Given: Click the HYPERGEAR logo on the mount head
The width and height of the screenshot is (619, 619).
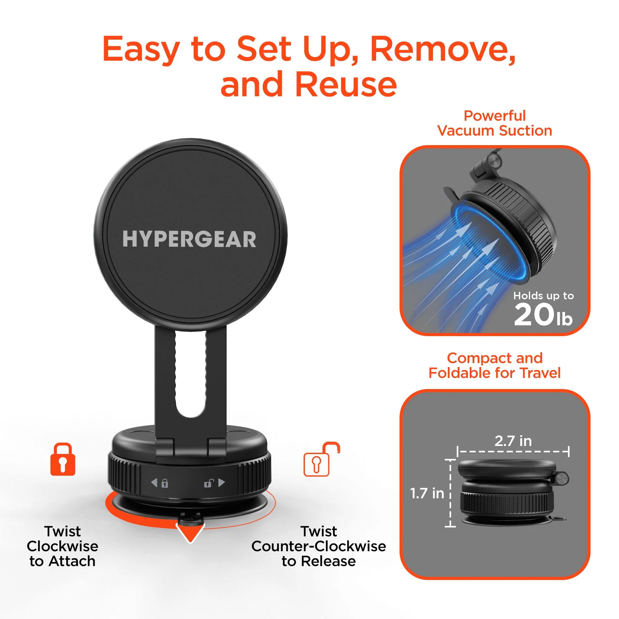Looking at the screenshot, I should pyautogui.click(x=189, y=239).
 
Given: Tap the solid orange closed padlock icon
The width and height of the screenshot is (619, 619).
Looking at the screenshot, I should pyautogui.click(x=63, y=459).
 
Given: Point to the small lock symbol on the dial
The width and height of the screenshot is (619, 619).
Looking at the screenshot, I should pyautogui.click(x=165, y=483).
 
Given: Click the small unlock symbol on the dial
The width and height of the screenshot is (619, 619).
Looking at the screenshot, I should pyautogui.click(x=209, y=483).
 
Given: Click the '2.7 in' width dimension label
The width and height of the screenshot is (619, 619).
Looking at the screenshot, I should pyautogui.click(x=513, y=441).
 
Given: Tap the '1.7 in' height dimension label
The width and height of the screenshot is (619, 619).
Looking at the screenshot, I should pyautogui.click(x=427, y=493).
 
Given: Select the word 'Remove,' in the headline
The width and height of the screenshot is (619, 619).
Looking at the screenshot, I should pyautogui.click(x=443, y=49).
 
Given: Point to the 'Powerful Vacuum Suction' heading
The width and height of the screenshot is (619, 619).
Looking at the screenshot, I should pyautogui.click(x=494, y=123).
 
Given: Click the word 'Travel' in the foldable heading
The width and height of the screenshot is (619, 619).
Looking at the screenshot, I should pyautogui.click(x=540, y=373).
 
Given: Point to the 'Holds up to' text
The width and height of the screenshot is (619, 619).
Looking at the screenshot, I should pyautogui.click(x=543, y=295).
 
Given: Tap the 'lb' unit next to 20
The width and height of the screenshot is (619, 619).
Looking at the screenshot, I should pyautogui.click(x=564, y=319).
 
